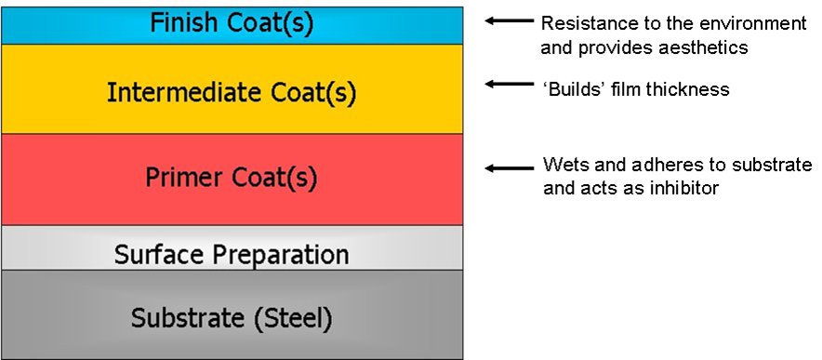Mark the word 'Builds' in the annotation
coord(571,90)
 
